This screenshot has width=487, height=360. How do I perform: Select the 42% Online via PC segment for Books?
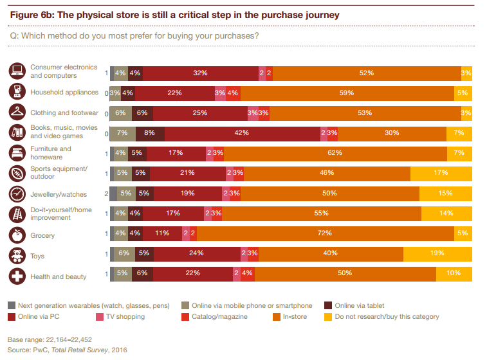pos(242,133)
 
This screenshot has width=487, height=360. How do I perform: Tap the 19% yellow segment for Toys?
pos(437,253)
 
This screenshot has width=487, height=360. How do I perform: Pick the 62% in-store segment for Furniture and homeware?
pos(335,153)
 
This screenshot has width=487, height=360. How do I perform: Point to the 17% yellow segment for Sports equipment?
pos(441,174)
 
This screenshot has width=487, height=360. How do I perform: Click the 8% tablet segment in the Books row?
pos(150,133)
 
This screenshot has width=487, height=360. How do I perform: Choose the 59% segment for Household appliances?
pos(347,93)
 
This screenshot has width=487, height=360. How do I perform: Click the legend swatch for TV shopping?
pos(100,316)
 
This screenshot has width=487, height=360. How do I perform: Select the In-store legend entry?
pos(293,316)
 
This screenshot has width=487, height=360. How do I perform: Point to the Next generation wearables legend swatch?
pos(12,305)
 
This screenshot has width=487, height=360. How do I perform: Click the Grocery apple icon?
pos(17,235)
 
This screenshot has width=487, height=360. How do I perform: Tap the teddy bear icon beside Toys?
pos(17,256)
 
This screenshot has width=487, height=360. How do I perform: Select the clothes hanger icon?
pos(17,112)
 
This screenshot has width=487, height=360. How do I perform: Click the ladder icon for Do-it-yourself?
pos(17,214)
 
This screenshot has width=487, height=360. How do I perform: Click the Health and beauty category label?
pos(58,276)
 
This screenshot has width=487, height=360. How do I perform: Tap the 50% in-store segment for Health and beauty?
pos(344,274)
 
